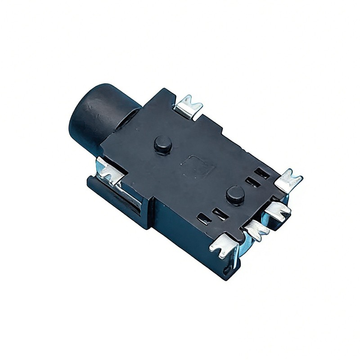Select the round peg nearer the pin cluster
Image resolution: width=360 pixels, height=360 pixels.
[235, 194]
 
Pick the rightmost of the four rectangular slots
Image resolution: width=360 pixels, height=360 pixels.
[262, 173]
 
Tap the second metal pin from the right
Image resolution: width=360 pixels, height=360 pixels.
[277, 211]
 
